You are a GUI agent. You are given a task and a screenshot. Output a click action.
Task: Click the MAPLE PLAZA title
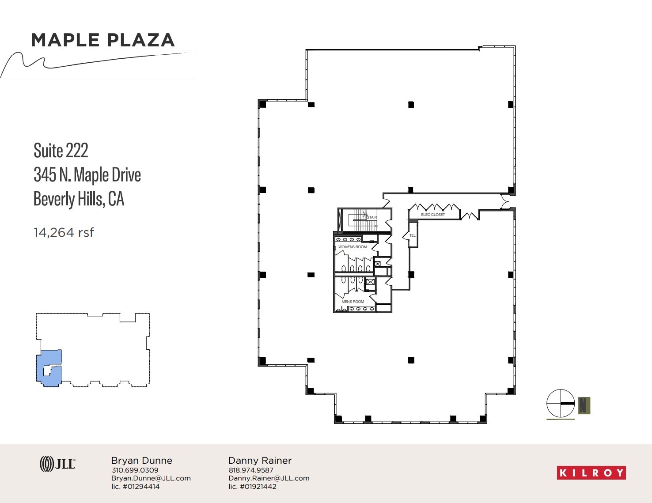click(x=102, y=40)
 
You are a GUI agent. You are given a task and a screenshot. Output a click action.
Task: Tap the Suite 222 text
click(x=61, y=151)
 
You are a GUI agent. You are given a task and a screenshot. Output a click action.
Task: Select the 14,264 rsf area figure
click(x=64, y=232)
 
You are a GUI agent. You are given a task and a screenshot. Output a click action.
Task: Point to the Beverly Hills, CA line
click(x=79, y=199)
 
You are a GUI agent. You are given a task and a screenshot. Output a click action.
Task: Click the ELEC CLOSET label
click(x=432, y=215)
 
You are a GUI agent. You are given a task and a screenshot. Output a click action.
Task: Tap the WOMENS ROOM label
click(x=352, y=247)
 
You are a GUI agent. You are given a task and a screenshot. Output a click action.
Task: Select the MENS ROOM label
click(x=353, y=302)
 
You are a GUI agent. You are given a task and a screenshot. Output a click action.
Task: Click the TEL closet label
click(x=412, y=235)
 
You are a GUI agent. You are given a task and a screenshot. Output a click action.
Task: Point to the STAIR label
click(x=371, y=217)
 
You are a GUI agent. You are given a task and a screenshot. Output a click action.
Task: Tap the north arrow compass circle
click(x=561, y=403)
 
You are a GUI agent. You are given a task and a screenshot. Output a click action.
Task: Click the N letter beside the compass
click(x=584, y=405)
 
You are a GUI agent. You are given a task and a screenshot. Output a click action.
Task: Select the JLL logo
click(x=57, y=464)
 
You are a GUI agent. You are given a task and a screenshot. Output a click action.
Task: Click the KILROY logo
click(x=591, y=473)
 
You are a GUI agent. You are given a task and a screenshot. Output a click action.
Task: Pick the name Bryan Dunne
click(x=141, y=460)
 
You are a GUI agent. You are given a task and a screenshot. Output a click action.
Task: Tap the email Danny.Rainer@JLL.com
click(x=269, y=478)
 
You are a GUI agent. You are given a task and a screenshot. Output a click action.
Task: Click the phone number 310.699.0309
click(x=135, y=470)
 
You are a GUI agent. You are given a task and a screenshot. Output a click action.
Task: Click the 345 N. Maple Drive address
click(x=87, y=175)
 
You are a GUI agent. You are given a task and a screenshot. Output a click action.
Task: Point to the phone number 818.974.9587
click(x=251, y=470)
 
